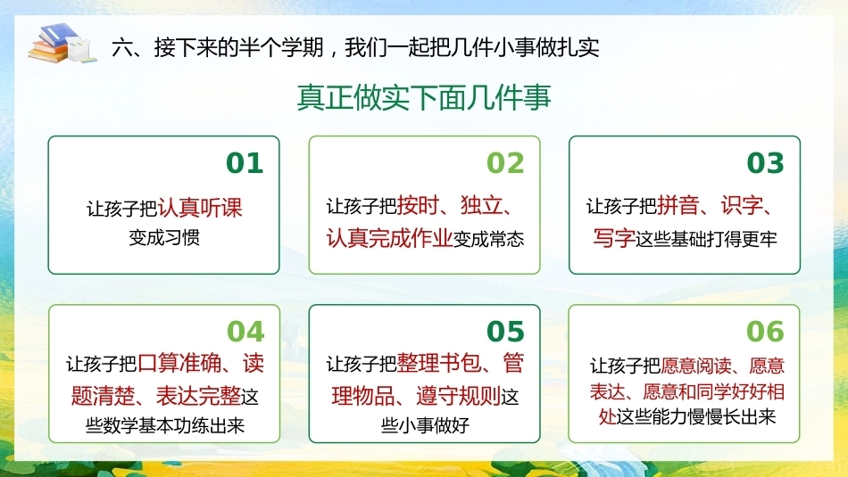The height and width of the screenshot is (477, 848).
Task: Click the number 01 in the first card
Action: click(245, 162)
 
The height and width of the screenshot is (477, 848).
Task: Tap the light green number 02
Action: click(505, 162)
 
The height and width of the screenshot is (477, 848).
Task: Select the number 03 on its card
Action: click(765, 162)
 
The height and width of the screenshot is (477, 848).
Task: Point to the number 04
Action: click(245, 331)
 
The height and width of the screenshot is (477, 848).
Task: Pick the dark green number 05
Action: click(505, 331)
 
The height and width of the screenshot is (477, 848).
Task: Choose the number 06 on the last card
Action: click(765, 331)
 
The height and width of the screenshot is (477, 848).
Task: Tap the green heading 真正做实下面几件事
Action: click(424, 98)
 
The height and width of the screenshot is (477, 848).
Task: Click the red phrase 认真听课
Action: click(200, 208)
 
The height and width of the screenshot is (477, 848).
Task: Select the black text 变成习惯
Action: click(164, 238)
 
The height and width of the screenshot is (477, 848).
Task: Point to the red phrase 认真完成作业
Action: click(389, 238)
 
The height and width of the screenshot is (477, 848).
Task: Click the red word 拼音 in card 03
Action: click(678, 206)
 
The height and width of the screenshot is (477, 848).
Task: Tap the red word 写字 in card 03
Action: click(614, 238)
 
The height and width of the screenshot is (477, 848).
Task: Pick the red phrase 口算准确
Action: click(179, 363)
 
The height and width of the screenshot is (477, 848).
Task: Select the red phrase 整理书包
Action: click(439, 363)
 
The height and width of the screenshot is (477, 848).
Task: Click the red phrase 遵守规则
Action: click(458, 396)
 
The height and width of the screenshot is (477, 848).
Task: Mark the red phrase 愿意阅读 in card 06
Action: click(696, 366)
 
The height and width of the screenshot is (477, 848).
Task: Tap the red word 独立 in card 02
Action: click(481, 206)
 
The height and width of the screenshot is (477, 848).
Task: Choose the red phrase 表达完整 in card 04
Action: click(198, 396)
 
